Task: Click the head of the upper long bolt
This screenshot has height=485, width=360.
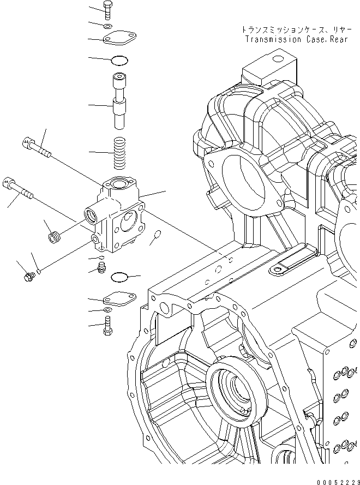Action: [x=27, y=143]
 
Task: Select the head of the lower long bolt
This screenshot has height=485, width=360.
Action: [x=9, y=183]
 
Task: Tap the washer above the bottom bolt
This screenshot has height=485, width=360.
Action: [x=107, y=310]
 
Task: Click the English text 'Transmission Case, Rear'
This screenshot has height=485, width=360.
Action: [x=288, y=39]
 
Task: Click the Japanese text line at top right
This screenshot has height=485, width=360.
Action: [x=288, y=29]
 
